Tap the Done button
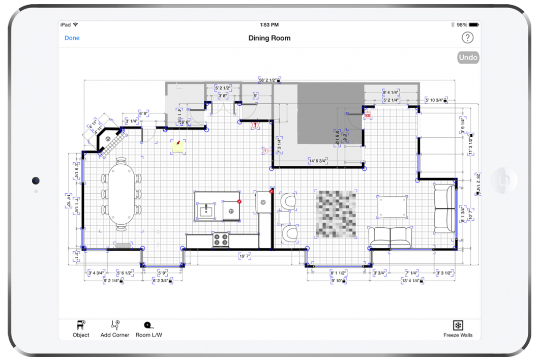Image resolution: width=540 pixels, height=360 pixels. click(72, 38)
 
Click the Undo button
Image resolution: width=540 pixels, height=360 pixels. click(468, 57)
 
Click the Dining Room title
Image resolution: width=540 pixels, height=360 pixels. click(269, 38)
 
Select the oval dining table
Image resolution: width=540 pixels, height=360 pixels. click(121, 194)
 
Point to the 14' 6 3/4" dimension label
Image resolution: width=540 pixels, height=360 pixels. click(318, 161)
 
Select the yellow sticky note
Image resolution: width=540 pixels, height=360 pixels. click(177, 146)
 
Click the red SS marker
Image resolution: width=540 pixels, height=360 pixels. click(368, 116)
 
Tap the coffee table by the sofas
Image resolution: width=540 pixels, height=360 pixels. click(392, 207)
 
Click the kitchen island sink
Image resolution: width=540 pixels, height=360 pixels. click(206, 210)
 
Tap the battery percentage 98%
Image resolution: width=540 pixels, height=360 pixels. click(462, 24)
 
